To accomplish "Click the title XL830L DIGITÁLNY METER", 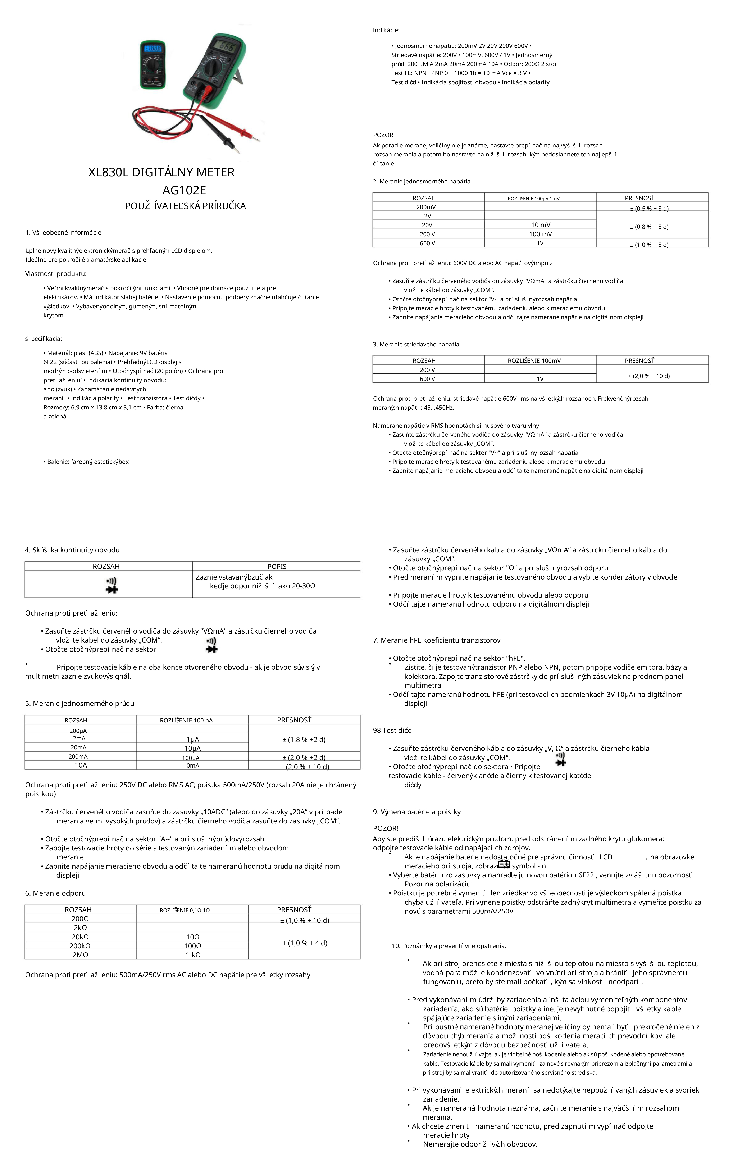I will click(161, 172).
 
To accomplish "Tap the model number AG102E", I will click(184, 190).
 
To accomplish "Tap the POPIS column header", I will click(277, 567).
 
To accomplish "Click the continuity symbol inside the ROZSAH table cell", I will click(111, 585).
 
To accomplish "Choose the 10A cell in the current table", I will click(81, 765).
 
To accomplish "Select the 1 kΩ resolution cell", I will click(192, 955).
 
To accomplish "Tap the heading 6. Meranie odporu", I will click(55, 893).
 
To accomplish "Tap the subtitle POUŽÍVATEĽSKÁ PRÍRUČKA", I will click(185, 206).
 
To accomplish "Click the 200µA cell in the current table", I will click(78, 731).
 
